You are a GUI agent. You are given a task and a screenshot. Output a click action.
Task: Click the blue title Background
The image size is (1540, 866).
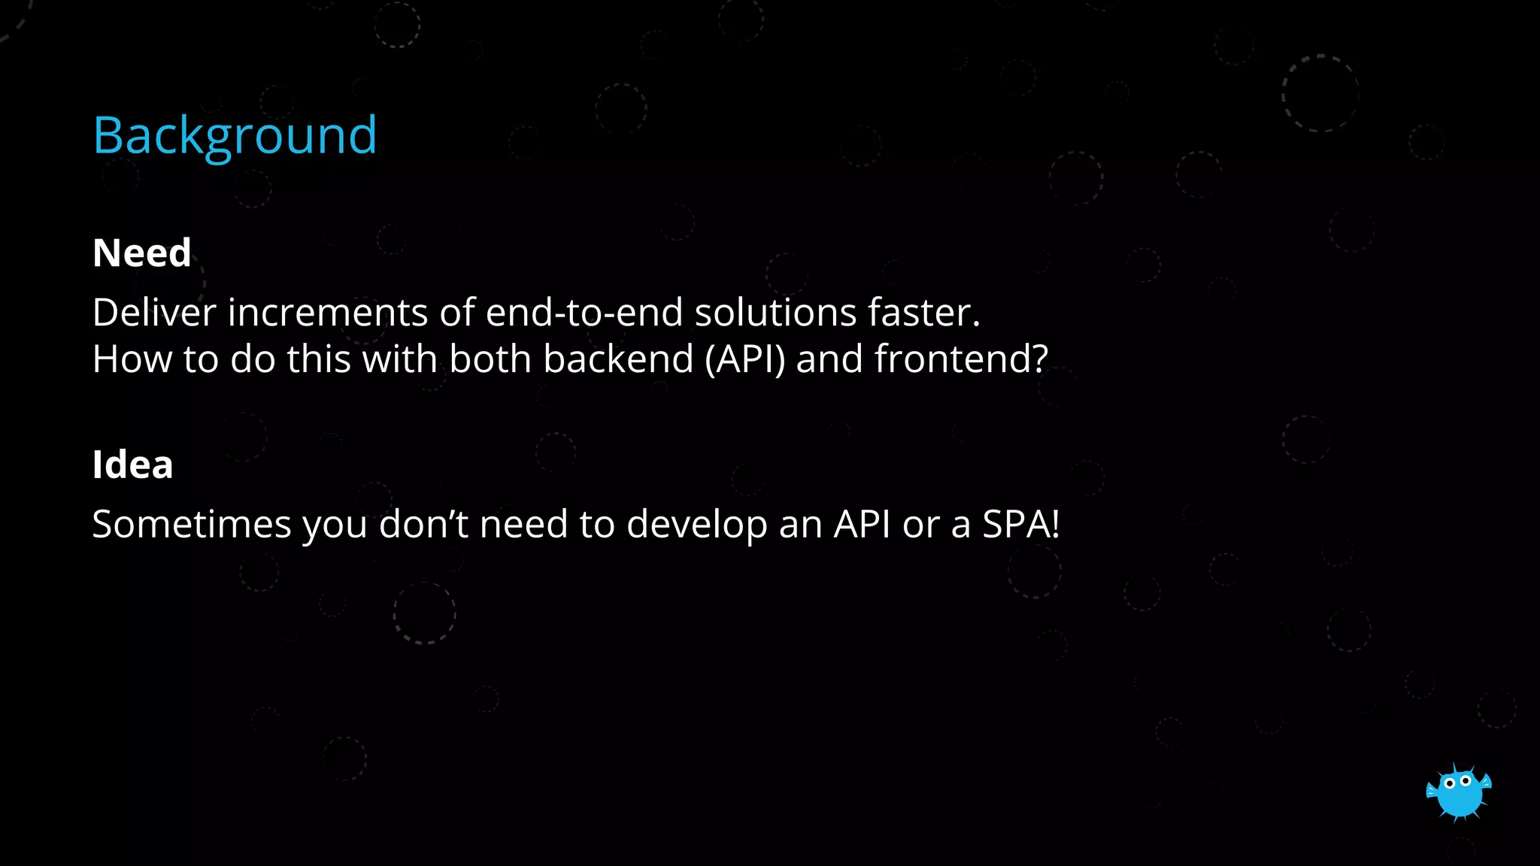pos(235,136)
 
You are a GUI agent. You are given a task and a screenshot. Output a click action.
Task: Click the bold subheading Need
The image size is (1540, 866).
pos(141,253)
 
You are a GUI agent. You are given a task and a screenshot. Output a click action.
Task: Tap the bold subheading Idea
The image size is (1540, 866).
pos(132,465)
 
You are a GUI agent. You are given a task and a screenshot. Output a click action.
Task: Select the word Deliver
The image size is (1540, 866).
pos(154,313)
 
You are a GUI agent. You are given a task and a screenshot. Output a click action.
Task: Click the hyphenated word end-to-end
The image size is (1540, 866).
pos(584,313)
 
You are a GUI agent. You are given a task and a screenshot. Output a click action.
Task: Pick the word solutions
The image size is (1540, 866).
pos(775,313)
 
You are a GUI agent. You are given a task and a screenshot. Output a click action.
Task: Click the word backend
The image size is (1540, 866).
pos(617,359)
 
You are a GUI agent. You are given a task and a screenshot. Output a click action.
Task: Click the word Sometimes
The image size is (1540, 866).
pos(191,525)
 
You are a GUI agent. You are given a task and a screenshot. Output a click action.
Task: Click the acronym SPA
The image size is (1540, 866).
pos(1014,525)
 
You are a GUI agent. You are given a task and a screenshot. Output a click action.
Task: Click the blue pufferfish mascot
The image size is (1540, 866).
pos(1459,793)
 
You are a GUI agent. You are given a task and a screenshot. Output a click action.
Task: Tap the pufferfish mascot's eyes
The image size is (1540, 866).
pos(1457,782)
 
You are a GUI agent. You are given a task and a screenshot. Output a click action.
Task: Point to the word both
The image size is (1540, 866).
pos(490,359)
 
